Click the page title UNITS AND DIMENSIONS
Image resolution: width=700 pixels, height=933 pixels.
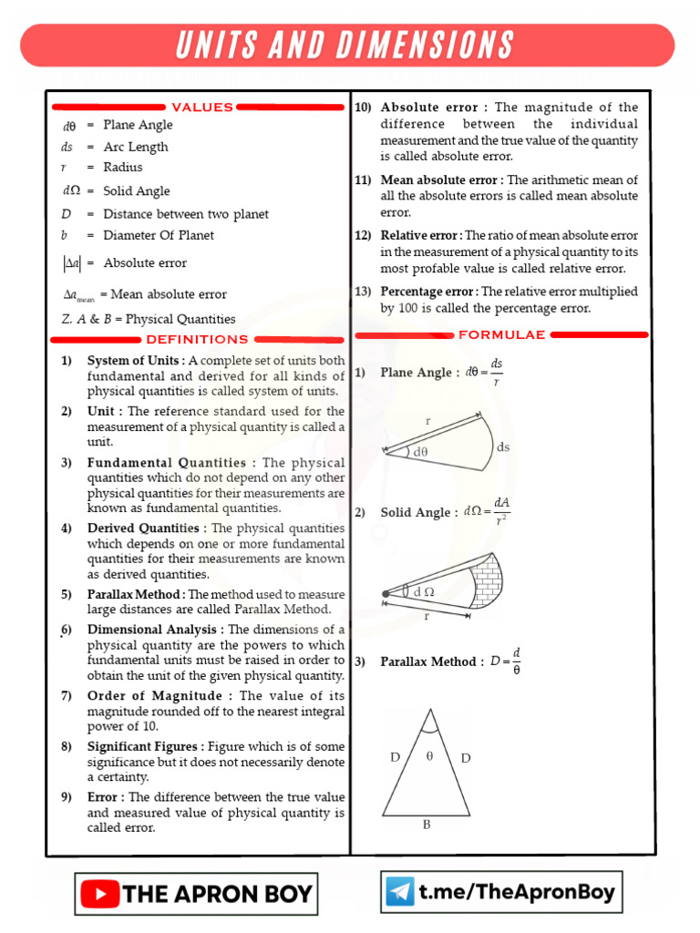click(x=345, y=45)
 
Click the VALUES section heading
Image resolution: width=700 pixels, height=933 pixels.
click(x=202, y=107)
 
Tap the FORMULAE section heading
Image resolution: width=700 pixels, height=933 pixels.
click(x=501, y=334)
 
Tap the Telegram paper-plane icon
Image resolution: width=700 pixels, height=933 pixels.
click(x=399, y=892)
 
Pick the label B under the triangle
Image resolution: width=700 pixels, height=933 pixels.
click(x=426, y=825)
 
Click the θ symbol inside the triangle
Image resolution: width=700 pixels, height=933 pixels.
click(x=429, y=756)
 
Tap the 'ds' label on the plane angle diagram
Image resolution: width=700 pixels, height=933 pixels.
click(x=503, y=446)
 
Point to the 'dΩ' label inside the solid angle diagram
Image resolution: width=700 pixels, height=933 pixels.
click(x=424, y=591)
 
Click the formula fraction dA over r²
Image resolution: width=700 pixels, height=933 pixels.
click(x=500, y=511)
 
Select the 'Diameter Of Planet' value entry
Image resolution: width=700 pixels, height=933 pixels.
click(x=159, y=235)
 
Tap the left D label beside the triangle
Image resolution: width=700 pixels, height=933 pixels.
click(x=396, y=757)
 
